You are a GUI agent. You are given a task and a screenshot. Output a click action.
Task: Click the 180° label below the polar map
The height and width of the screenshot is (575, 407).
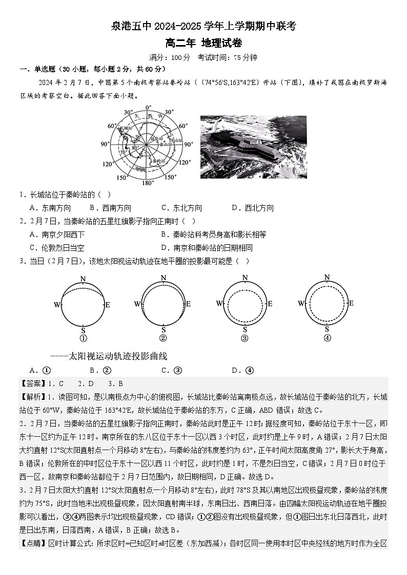tap(148, 183)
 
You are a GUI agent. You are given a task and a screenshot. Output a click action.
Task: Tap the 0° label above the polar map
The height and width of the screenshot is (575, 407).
tap(148, 108)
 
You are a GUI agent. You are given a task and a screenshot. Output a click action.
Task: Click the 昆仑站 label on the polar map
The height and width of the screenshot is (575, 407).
tap(158, 139)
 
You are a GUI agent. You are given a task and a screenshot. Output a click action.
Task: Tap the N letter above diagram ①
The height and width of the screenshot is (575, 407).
tap(83, 279)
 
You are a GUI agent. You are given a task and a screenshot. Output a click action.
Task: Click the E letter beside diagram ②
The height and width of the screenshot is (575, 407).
tap(188, 304)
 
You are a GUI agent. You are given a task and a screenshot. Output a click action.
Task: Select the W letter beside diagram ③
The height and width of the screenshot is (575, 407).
tap(219, 304)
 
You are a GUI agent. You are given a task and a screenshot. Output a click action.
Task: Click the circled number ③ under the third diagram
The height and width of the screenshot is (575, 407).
tap(245, 338)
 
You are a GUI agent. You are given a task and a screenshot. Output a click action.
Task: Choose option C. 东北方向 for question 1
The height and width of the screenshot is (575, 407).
tap(181, 208)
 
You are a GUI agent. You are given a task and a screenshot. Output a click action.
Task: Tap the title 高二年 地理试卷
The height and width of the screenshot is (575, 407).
tap(203, 43)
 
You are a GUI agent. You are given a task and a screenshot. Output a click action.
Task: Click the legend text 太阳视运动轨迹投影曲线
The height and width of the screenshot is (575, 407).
tap(118, 356)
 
